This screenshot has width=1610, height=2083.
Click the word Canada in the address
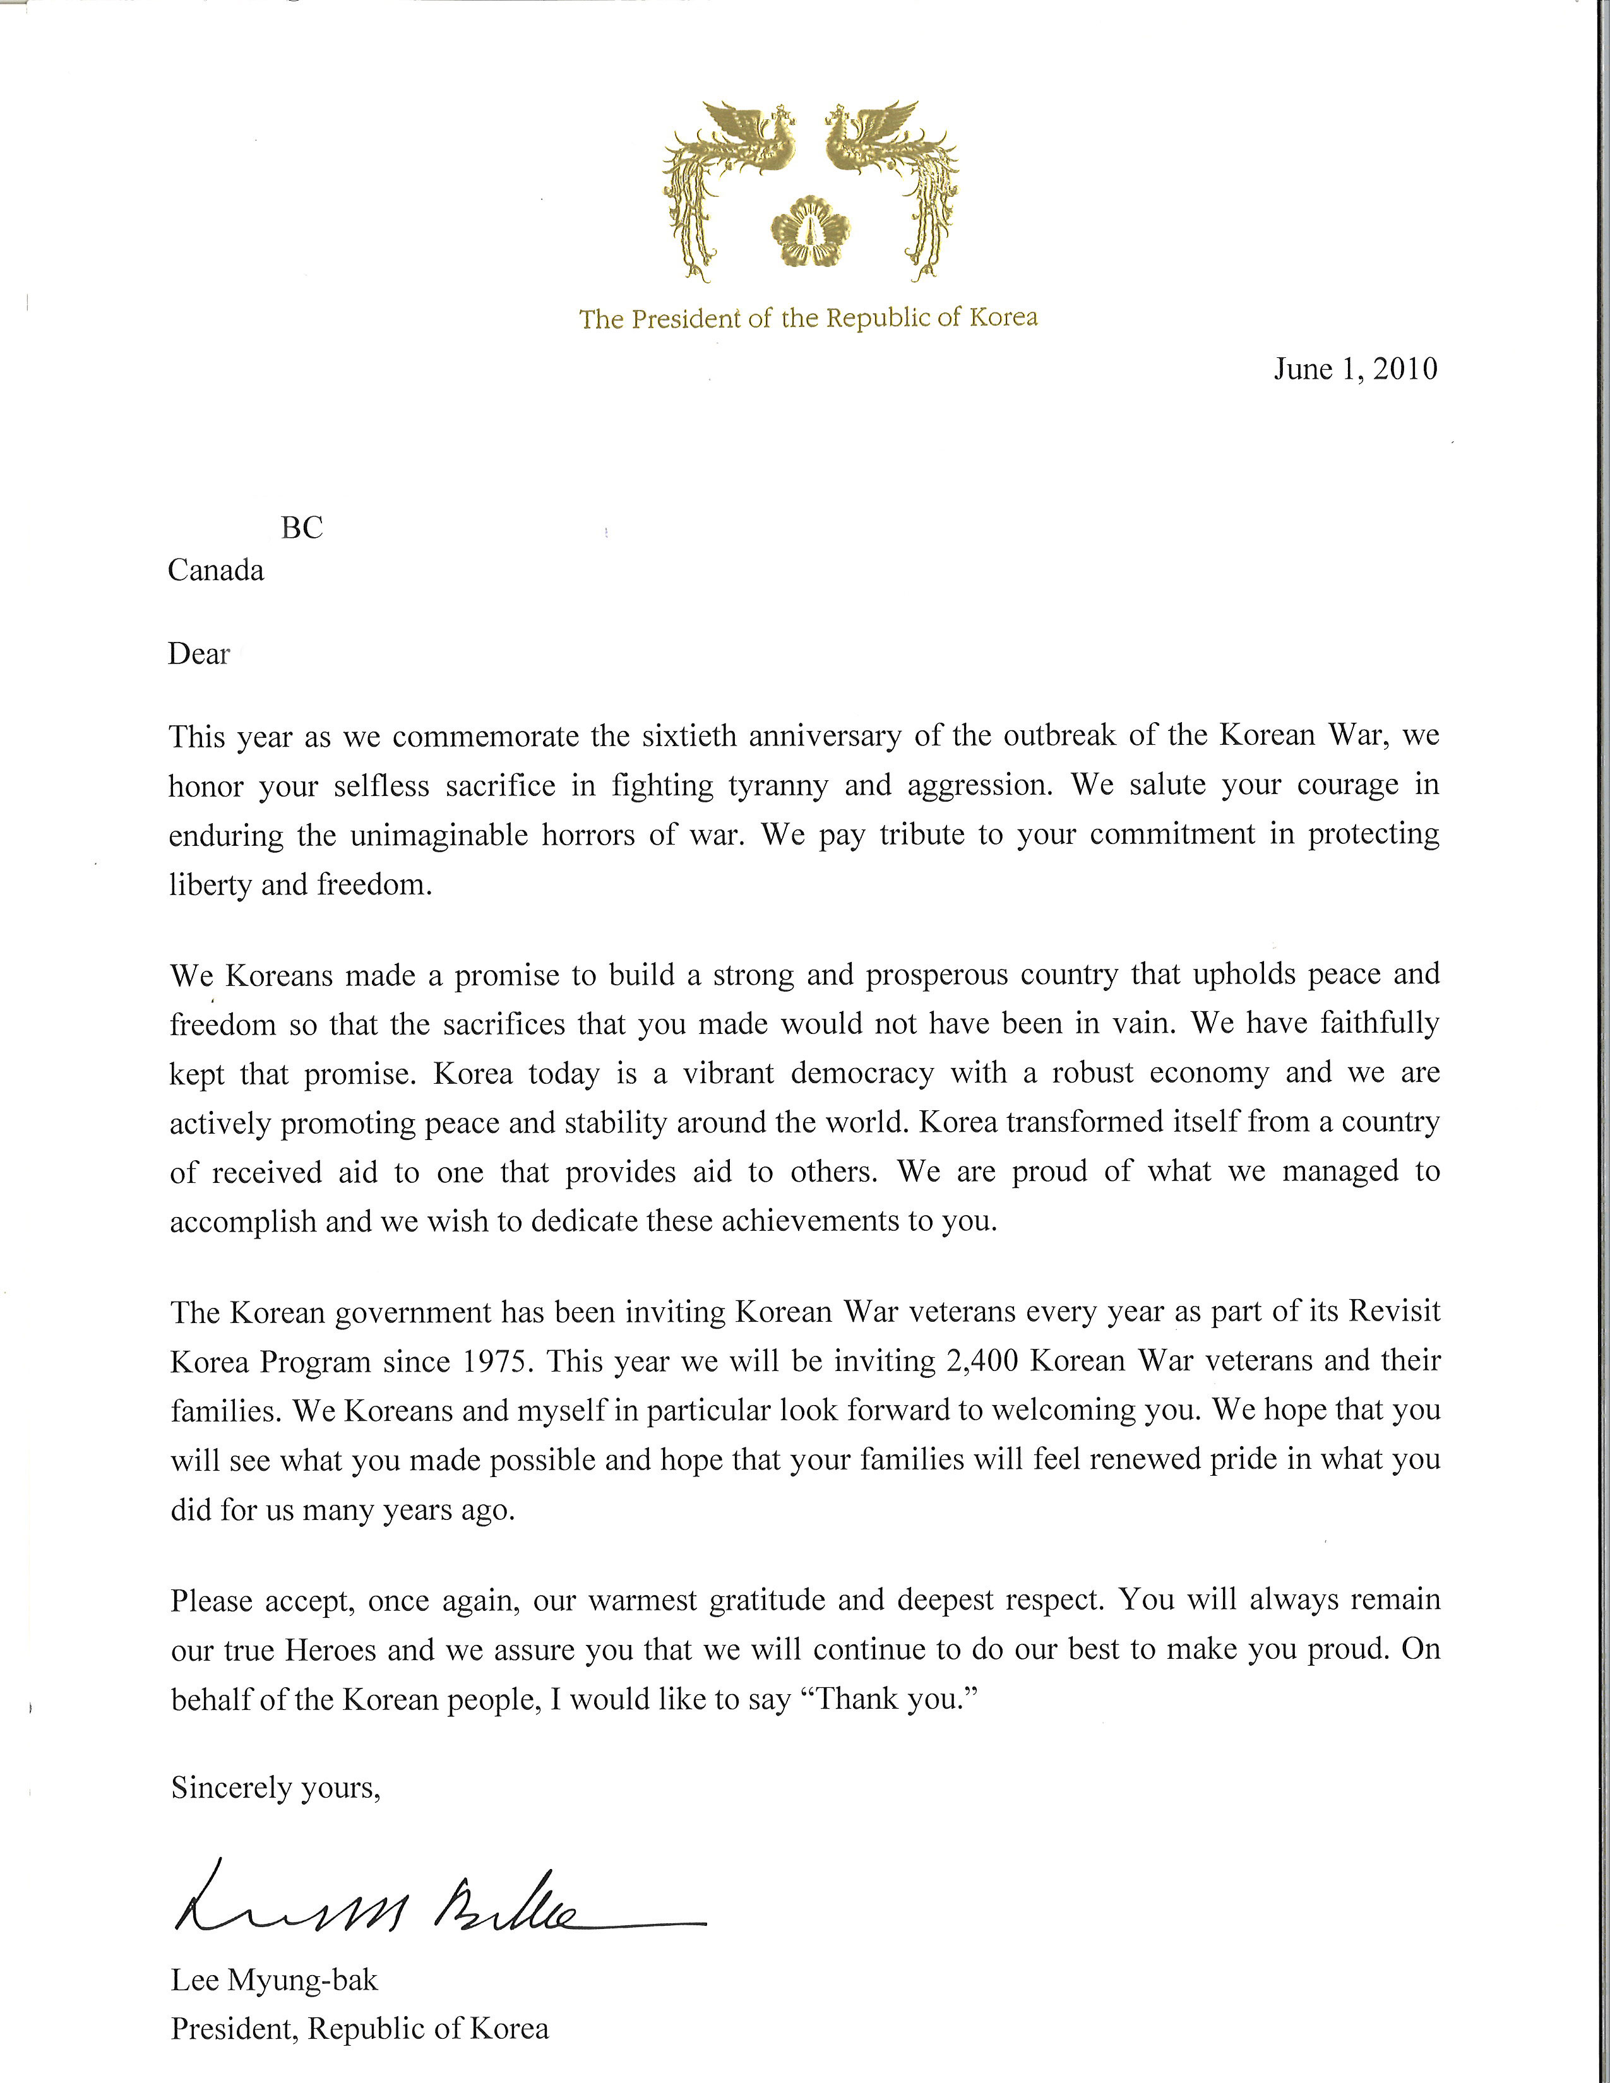tap(215, 571)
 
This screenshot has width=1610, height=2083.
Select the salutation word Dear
tap(198, 655)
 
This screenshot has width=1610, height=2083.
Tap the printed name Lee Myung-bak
tap(275, 1981)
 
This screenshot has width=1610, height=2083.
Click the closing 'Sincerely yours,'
tap(276, 1788)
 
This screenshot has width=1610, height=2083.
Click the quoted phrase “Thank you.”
tap(895, 1700)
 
